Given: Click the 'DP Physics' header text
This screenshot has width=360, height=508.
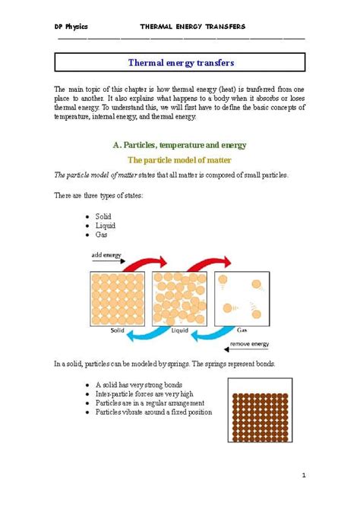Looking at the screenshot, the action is pos(71,27).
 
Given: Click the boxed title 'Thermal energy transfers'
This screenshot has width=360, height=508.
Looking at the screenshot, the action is pos(181,62).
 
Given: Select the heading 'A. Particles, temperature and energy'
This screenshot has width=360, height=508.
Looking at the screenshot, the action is pos(180,144).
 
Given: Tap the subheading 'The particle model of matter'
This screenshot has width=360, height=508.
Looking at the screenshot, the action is pos(179,160).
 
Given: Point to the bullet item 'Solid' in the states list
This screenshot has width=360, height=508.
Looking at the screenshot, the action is pos(103,216).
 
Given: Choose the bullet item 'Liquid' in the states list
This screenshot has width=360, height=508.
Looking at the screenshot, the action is pos(105,226).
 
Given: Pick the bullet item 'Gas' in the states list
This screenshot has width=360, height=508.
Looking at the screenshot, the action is pos(102,235).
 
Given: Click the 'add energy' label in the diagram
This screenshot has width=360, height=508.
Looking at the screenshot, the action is pos(107,256).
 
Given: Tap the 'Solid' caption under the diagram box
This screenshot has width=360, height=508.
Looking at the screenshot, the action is pos(117,331).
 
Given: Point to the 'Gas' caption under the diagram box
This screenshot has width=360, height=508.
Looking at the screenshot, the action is pos(242,331).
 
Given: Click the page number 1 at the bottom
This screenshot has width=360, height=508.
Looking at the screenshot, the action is pos(302,476).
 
